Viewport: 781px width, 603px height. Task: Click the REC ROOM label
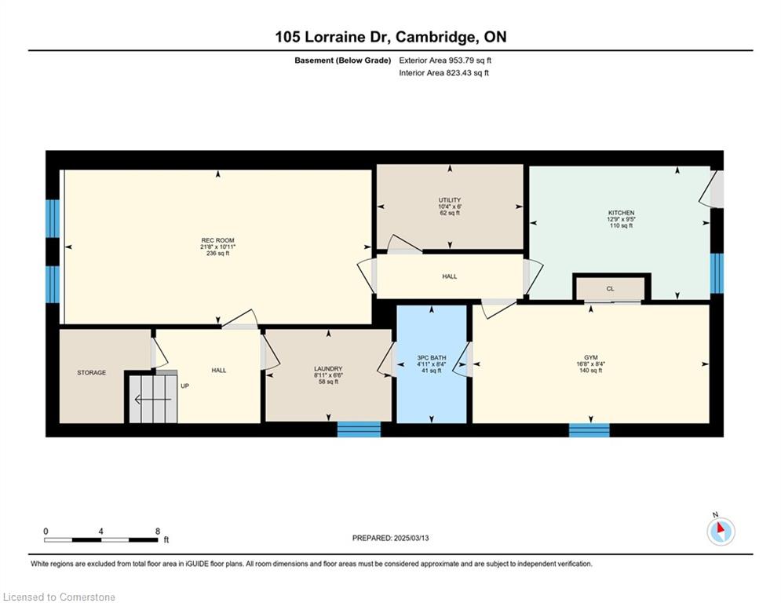tap(217, 240)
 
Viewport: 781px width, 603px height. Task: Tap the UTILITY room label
tap(450, 200)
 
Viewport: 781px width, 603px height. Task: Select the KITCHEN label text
tap(621, 213)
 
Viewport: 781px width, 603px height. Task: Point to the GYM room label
tap(591, 357)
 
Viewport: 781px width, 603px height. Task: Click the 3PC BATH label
tap(432, 358)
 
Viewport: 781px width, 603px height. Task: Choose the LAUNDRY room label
tap(328, 369)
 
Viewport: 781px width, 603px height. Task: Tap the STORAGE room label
tap(92, 373)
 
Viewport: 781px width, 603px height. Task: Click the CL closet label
tap(610, 288)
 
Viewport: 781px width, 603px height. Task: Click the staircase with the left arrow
tap(153, 399)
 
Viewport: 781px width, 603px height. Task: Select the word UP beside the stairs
tap(184, 386)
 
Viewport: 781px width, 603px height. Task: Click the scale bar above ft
tap(101, 539)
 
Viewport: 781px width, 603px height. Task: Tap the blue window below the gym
tap(589, 430)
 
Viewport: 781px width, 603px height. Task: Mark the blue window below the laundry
tap(359, 429)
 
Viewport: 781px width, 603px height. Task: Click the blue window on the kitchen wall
tap(717, 273)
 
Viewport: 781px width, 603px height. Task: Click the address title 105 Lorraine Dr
tap(332, 37)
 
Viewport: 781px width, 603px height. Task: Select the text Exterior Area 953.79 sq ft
tap(445, 60)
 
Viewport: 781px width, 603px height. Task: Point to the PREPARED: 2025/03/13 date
tap(391, 538)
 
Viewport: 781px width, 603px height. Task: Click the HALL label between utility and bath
tap(450, 276)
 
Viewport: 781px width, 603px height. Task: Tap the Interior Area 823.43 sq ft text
tap(443, 73)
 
